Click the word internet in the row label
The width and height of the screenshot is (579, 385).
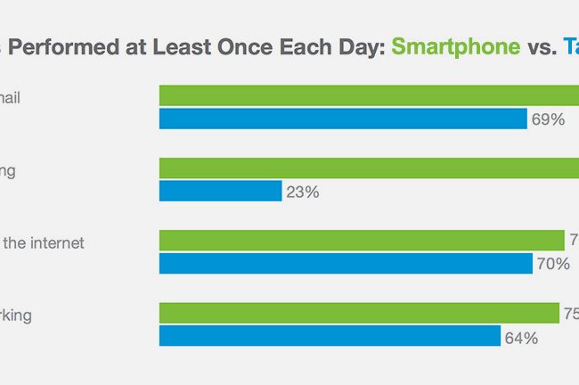[x=53, y=242]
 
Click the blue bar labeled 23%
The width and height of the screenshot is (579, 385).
[x=220, y=191]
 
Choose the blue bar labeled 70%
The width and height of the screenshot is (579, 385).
[x=346, y=263]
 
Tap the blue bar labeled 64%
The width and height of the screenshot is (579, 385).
[x=330, y=335]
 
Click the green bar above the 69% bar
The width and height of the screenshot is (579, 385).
[x=369, y=95]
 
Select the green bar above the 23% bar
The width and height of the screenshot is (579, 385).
[x=369, y=168]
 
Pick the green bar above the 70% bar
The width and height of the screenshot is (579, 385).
[x=361, y=240]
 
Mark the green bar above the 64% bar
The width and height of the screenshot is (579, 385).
[x=358, y=312]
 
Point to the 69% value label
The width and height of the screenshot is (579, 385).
[x=547, y=119]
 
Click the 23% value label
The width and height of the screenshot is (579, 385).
[x=301, y=191]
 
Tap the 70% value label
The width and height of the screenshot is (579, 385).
[x=552, y=264]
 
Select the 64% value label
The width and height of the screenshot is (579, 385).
[x=520, y=336]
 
